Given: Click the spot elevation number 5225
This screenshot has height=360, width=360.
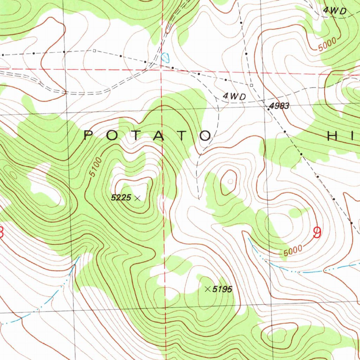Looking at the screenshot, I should [x=121, y=198].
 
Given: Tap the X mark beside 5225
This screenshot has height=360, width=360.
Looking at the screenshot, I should [x=137, y=198].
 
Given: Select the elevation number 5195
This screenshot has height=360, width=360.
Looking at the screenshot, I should [x=223, y=289].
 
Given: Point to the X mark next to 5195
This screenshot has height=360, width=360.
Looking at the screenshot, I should [x=208, y=289].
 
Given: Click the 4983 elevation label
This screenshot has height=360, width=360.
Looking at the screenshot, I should [x=280, y=106].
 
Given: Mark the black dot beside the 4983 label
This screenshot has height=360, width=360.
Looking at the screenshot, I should [x=268, y=109].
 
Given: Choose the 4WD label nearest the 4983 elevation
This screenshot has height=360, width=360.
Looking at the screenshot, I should [x=234, y=96].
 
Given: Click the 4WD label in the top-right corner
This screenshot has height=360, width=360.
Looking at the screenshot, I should [x=335, y=11].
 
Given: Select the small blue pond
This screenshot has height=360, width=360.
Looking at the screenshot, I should [x=165, y=56].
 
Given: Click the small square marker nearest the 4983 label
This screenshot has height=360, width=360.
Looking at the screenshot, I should [x=251, y=85].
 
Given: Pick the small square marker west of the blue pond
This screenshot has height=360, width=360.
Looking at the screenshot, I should [x=94, y=51].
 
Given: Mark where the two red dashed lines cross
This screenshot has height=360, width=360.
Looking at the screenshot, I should [x=161, y=70].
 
